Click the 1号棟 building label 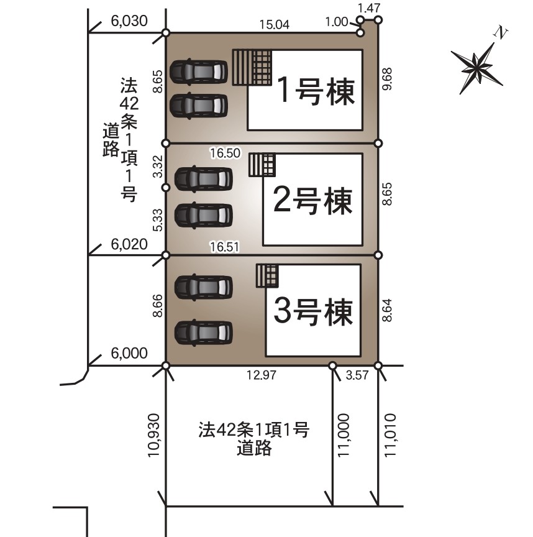point(316,91)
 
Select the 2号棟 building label point(312,201)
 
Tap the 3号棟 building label point(313,311)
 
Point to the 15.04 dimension point(274,25)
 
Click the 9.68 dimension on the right point(387,79)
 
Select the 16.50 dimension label point(225,153)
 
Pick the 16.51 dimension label point(224,247)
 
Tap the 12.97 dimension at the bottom point(262,375)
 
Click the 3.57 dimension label point(357,375)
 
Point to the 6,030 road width point(129,21)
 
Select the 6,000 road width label point(129,353)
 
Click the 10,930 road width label point(153,435)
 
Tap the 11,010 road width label point(390,435)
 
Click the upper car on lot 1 point(199,71)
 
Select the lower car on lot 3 point(203,333)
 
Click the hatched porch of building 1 point(252,68)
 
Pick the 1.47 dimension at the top point(368,8)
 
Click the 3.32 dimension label point(157,166)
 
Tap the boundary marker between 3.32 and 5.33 point(166,187)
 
